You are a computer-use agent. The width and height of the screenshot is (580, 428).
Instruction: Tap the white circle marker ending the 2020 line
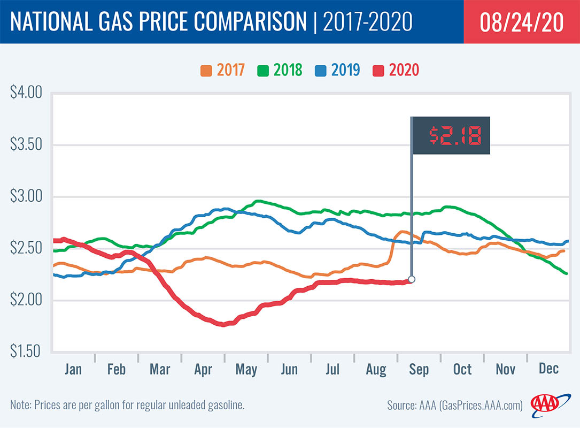(x=412, y=279)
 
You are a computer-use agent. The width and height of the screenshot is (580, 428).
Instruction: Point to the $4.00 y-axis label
(x=26, y=93)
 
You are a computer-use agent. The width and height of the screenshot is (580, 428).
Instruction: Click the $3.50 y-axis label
(x=26, y=145)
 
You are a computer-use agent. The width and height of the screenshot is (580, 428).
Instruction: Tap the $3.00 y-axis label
(x=26, y=196)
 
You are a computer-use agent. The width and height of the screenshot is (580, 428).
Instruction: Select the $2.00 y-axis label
(x=26, y=300)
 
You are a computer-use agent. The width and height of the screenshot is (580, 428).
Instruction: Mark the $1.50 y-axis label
(x=26, y=351)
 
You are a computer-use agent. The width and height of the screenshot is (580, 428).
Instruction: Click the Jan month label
(x=73, y=369)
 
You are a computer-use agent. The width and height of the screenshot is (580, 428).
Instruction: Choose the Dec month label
(x=548, y=369)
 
